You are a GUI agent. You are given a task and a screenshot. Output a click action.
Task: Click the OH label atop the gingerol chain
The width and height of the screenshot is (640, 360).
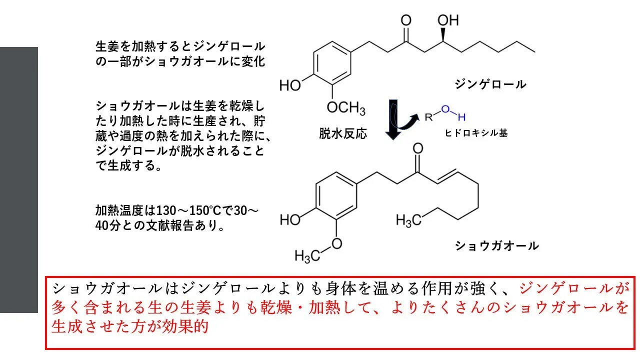tap(448, 20)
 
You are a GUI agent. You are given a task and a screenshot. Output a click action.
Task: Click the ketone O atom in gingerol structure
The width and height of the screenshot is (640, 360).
tap(406, 20)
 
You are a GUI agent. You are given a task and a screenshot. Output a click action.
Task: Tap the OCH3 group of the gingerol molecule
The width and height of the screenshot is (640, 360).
tap(346, 108)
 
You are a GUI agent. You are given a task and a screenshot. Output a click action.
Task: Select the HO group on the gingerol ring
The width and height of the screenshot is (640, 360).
tap(290, 85)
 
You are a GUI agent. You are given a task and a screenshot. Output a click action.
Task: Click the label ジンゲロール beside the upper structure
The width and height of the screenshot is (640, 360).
tap(490, 84)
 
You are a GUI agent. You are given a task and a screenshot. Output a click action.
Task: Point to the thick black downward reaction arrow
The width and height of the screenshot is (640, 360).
tap(393, 119)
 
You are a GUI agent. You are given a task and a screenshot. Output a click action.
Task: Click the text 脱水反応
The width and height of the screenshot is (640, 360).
tap(343, 133)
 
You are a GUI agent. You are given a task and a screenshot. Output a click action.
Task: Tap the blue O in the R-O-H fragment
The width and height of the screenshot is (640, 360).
tap(445, 109)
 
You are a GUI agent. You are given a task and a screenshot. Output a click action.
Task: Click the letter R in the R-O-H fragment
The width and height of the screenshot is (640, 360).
tap(428, 117)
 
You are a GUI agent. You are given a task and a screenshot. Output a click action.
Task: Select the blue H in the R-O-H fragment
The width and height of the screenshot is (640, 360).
tap(461, 117)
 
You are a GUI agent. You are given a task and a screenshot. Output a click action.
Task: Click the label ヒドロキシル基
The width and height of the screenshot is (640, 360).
tap(476, 133)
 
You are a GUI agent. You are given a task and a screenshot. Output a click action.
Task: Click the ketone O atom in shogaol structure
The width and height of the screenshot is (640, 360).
tap(418, 148)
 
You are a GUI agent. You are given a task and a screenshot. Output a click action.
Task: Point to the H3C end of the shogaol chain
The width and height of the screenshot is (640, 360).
tap(408, 220)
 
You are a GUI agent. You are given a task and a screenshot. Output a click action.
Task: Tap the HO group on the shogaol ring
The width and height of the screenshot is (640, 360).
tap(290, 219)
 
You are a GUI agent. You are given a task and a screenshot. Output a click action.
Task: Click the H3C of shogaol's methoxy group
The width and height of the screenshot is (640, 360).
tap(307, 255)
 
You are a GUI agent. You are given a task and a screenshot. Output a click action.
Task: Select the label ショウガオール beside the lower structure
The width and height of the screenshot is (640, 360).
tap(496, 245)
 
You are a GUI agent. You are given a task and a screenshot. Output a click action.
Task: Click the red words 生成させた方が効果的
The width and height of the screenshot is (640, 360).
tap(130, 326)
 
